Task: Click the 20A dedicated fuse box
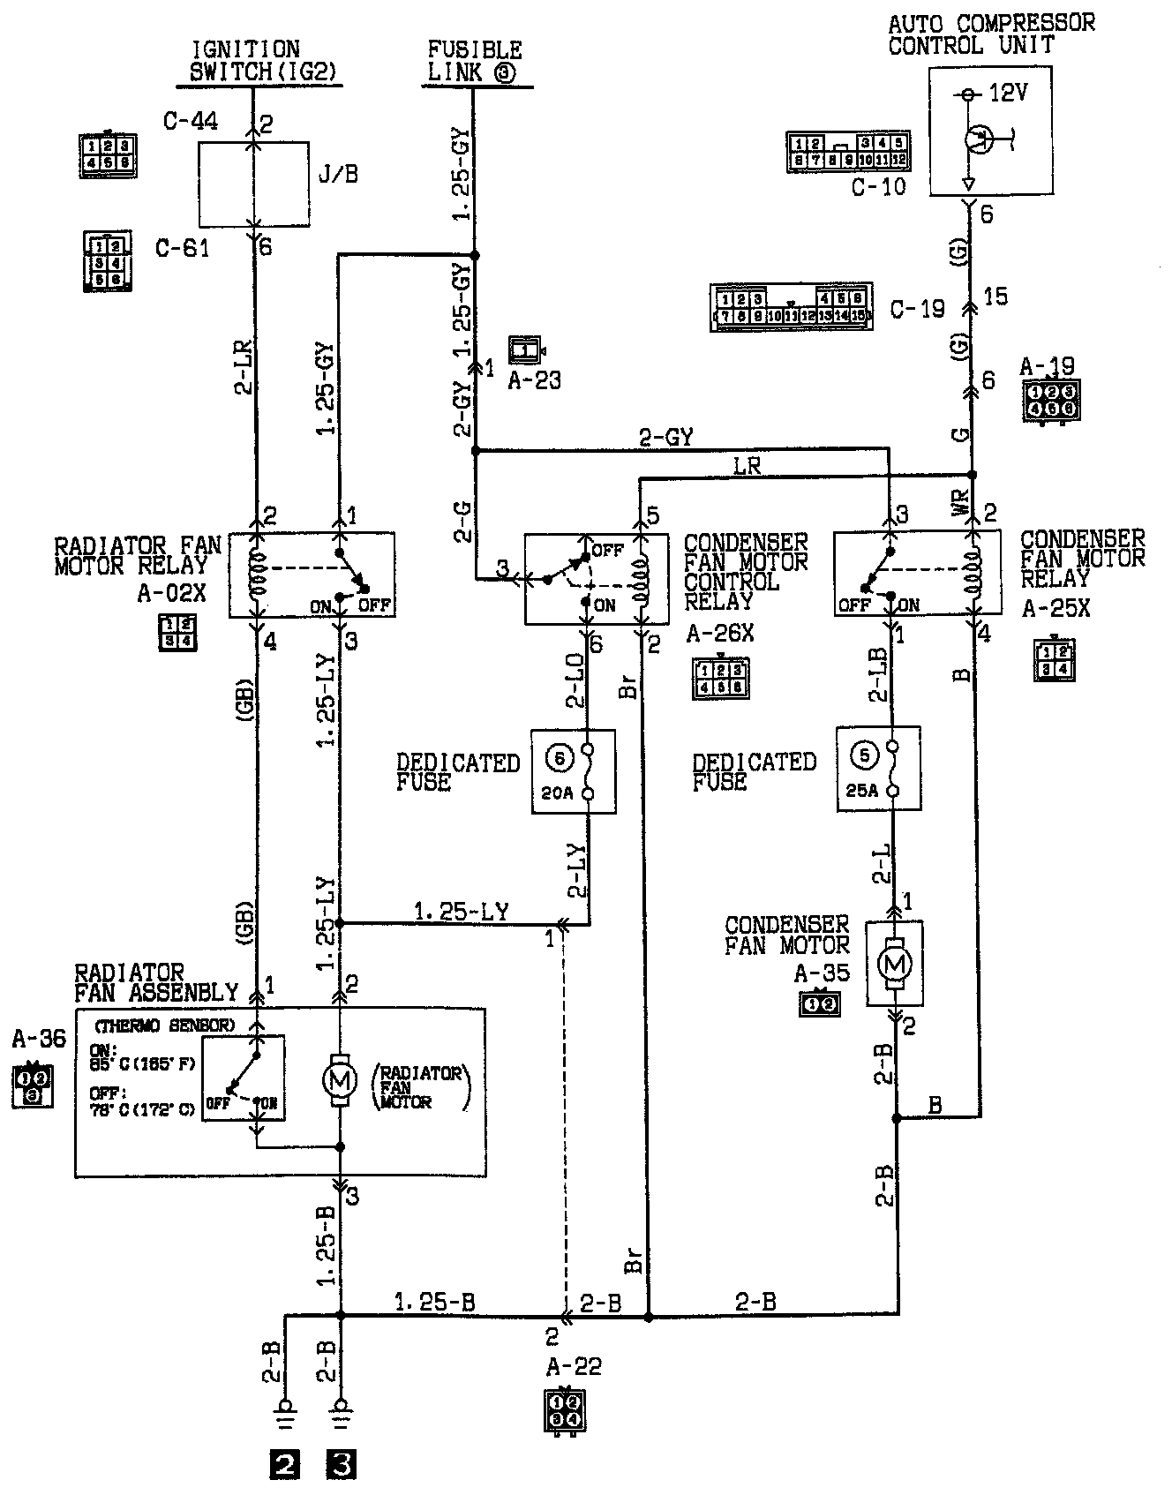573,771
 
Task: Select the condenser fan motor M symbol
895,964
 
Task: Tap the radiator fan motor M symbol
341,1078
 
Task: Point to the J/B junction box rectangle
253,184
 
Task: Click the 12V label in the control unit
1007,93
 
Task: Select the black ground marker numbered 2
284,1465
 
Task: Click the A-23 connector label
535,381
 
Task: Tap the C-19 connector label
918,309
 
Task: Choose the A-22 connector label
574,1367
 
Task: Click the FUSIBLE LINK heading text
475,61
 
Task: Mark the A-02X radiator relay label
171,593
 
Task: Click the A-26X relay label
720,634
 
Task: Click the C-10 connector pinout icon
848,152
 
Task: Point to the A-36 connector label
39,1039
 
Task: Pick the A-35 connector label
822,973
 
